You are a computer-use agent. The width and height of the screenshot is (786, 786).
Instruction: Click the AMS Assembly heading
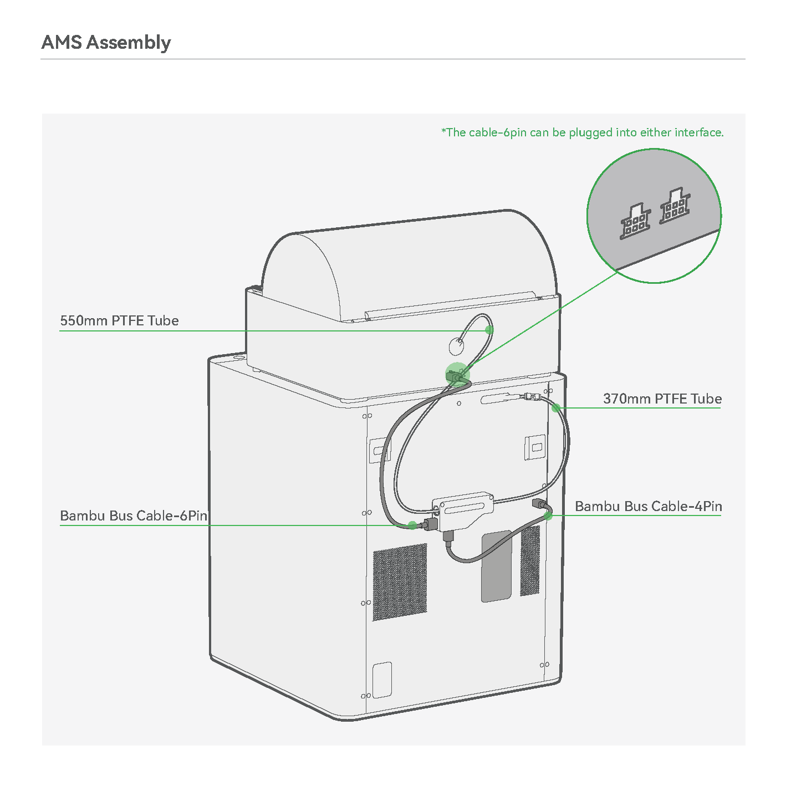[x=106, y=43]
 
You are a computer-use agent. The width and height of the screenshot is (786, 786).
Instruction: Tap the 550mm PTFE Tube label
[x=119, y=320]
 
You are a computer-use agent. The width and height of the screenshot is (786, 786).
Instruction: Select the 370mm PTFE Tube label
[x=662, y=399]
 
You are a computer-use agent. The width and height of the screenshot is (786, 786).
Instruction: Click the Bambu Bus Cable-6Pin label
[x=134, y=516]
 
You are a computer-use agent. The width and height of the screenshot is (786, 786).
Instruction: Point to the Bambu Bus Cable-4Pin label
[x=649, y=506]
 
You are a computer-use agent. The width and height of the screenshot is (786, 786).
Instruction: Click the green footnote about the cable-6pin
[x=583, y=132]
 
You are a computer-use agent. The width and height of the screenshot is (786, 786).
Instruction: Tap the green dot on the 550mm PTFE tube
[x=489, y=330]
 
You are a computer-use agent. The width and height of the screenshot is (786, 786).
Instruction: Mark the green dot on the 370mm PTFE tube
[x=556, y=407]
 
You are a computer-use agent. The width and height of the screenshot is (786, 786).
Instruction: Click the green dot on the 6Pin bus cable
[x=412, y=525]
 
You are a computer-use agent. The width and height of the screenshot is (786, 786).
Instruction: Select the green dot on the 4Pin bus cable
[x=548, y=516]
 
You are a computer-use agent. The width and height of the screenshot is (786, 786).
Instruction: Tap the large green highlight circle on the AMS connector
[x=457, y=375]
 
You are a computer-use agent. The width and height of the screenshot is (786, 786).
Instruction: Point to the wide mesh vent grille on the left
[x=400, y=582]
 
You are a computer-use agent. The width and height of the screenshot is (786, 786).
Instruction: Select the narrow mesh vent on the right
[x=530, y=560]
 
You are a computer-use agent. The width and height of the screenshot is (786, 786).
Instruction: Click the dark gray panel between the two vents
[x=497, y=566]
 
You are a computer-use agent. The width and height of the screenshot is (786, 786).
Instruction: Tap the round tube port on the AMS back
[x=456, y=346]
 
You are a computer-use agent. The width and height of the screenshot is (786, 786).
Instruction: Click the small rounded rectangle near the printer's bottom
[x=382, y=680]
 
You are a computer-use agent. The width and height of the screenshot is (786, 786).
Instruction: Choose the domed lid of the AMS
[x=408, y=265]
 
